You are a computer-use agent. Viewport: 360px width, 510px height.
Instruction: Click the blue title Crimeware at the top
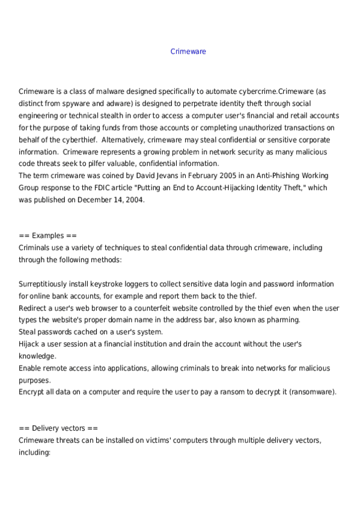pyautogui.click(x=188, y=52)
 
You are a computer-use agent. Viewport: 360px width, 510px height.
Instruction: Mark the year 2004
pyautogui.click(x=133, y=200)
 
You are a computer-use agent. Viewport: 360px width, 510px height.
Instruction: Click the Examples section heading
pyautogui.click(x=47, y=236)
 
